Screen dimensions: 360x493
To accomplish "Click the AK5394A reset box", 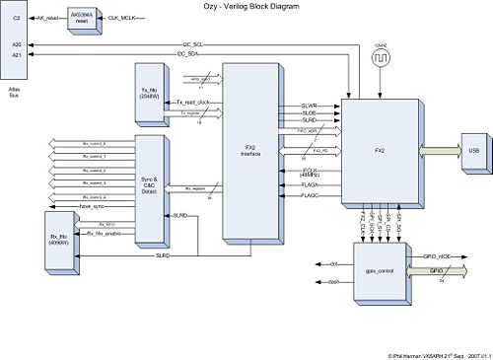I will (x=85, y=19).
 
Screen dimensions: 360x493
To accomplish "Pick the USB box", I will (x=473, y=150).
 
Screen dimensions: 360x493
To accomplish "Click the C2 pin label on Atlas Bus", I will (x=15, y=19).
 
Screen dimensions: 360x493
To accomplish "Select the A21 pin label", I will (x=15, y=55).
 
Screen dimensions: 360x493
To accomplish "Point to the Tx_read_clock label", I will (x=198, y=103).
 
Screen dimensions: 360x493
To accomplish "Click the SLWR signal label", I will (x=309, y=105).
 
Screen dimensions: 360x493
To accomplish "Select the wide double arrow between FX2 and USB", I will (x=434, y=150).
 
